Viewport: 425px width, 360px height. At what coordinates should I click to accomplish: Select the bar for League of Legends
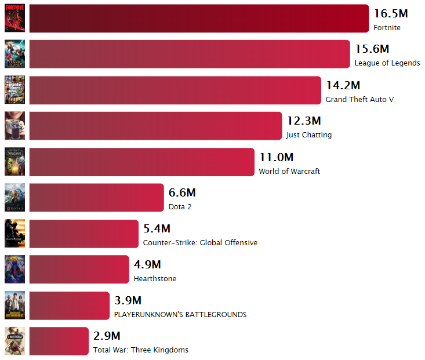(x=189, y=54)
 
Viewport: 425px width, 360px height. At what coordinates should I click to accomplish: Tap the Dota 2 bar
(x=96, y=198)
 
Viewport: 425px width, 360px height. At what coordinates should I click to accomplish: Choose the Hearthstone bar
(x=78, y=270)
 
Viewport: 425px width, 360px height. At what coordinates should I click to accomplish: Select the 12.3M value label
(x=303, y=121)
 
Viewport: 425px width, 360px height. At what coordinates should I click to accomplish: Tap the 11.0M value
(x=276, y=157)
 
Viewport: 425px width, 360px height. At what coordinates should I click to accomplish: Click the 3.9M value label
(x=128, y=300)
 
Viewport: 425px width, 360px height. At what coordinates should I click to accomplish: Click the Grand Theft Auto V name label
(x=359, y=100)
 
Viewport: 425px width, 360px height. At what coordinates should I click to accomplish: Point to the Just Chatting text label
(x=309, y=135)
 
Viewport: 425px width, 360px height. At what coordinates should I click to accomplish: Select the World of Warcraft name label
(x=289, y=171)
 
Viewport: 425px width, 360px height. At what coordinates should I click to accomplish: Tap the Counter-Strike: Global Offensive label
(x=200, y=243)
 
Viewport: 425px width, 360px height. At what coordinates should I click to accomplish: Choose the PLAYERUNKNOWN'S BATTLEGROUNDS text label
(x=180, y=314)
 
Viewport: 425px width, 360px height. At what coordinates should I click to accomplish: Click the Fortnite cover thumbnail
(x=14, y=19)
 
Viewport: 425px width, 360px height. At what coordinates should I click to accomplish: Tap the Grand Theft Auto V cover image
(x=14, y=90)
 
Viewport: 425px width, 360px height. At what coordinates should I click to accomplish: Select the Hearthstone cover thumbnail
(x=14, y=269)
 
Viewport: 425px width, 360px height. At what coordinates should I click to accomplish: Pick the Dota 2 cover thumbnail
(x=14, y=198)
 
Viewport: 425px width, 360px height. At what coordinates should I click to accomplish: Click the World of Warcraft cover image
(x=14, y=162)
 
